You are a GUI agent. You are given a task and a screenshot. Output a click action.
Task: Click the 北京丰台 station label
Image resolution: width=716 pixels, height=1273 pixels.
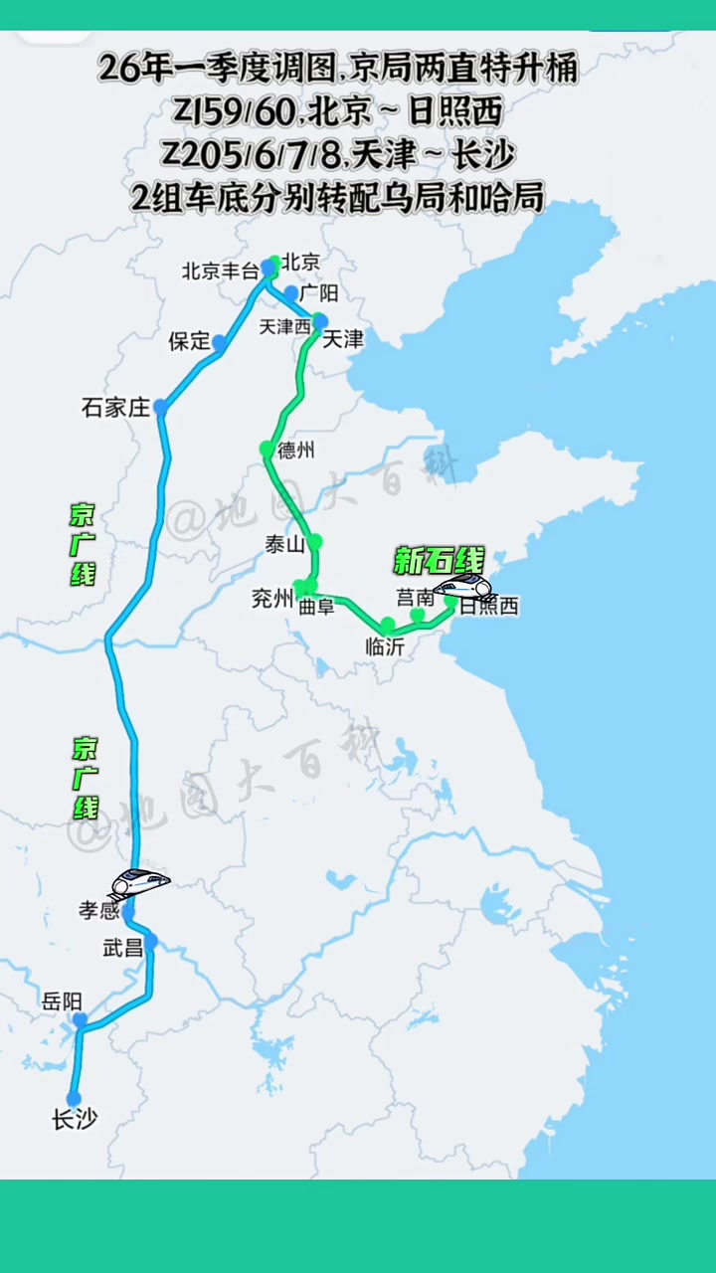point(220,271)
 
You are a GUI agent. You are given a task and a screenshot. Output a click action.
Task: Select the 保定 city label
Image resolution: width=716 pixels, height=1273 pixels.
point(189,341)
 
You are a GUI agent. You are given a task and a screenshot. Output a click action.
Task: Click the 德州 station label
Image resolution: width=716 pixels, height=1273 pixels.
point(296,451)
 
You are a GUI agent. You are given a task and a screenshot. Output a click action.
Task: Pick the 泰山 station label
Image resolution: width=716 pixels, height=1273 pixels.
point(284,544)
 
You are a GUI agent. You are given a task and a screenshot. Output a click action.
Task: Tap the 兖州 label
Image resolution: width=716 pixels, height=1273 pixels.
point(272,599)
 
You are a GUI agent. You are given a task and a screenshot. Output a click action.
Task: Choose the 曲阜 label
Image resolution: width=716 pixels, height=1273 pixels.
point(317,606)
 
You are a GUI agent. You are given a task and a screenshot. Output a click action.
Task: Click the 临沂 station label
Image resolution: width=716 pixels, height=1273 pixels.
point(384,643)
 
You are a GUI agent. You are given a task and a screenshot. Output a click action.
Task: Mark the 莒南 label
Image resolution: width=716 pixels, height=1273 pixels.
point(415,597)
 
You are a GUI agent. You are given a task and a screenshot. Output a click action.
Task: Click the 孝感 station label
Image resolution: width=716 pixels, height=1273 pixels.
point(99,909)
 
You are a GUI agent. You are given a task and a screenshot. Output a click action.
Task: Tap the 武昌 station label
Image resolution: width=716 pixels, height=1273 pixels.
point(123,948)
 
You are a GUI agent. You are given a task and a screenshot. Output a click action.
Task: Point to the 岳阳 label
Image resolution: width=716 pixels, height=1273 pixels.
point(62,1001)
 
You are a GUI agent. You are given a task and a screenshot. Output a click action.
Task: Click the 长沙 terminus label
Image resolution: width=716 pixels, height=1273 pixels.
point(75,1120)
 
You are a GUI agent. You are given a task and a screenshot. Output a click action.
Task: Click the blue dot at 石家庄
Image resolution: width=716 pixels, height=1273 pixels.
point(159,407)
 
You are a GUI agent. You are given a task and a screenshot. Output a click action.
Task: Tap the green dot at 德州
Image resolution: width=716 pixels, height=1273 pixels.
point(266,449)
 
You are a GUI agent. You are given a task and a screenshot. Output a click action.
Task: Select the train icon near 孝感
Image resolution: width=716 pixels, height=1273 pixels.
point(139,880)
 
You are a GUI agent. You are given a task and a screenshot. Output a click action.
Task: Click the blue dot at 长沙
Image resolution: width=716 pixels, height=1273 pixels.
point(74,1098)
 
